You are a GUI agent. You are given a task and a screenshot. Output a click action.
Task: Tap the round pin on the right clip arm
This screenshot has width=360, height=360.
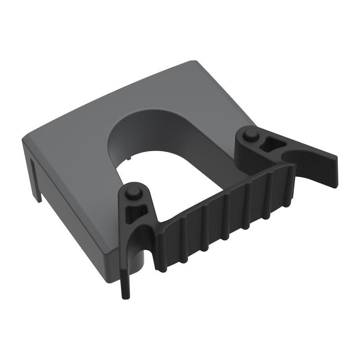point(251,134)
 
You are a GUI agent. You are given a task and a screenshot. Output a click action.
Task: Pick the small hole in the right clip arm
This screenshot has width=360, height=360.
point(266,144)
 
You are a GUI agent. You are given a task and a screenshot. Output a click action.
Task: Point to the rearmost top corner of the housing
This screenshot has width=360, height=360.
point(193,62)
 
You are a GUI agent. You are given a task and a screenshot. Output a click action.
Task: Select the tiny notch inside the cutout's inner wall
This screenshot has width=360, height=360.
point(129,158)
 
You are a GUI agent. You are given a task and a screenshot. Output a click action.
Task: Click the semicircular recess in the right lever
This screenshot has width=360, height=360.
point(288,155)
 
